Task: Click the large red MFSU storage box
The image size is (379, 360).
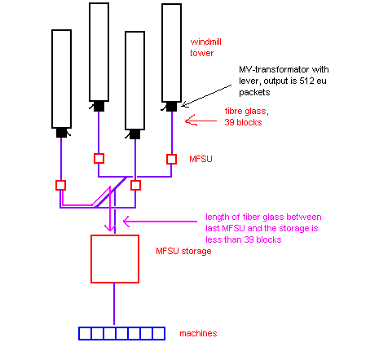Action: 115,235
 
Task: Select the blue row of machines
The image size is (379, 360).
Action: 121,333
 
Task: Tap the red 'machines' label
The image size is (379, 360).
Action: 198,333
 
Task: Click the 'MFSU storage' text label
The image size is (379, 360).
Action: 183,251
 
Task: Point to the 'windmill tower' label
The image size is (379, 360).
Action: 205,47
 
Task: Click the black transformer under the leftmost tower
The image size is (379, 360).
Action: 62,133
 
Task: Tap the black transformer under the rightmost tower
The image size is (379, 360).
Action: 171,107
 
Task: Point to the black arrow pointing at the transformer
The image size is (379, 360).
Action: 206,95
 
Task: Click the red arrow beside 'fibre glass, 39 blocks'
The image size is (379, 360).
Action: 201,121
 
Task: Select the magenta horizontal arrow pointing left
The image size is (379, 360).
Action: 160,222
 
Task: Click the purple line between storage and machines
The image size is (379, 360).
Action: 114,304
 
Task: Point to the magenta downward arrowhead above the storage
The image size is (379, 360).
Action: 110,228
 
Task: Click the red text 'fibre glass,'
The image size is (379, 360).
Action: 247,112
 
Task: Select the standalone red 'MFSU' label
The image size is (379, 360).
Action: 201,159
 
